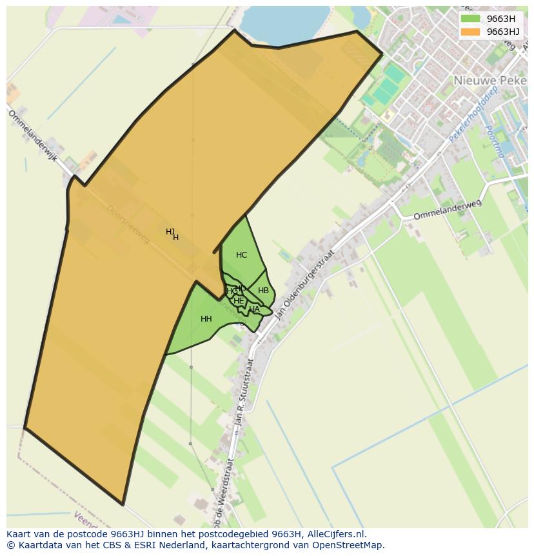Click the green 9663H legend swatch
point(471,19)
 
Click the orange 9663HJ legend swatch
point(471,32)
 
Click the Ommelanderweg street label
point(447,209)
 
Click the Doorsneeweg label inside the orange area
point(128,224)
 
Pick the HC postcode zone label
point(241,255)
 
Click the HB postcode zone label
point(263,291)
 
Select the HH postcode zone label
point(206,319)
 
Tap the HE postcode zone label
point(239,301)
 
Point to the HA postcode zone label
point(254,309)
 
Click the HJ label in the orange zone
point(170,232)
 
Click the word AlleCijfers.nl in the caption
point(335,534)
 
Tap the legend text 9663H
point(500,19)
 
